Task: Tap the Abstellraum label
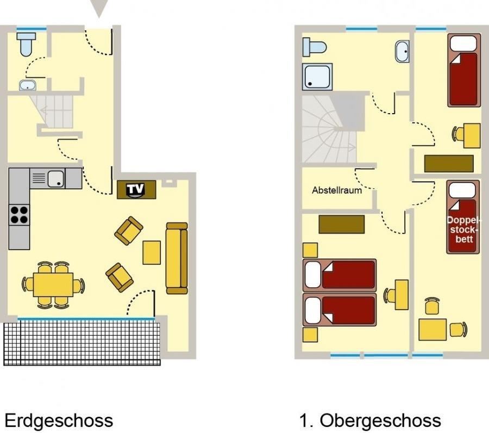pos(337,190)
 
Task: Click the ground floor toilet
pos(26,44)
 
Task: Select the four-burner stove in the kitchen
pos(19,215)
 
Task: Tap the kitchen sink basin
pos(56,178)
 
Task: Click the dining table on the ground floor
pos(53,284)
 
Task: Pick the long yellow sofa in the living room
pos(177,258)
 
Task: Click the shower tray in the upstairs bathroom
pos(317,77)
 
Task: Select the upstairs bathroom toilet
pos(314,47)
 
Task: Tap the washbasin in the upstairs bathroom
pos(402,52)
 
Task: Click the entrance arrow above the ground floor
pos(99,8)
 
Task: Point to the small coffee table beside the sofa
pos(152,252)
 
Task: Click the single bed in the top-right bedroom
pos(464,71)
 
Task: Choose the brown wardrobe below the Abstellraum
pos(342,224)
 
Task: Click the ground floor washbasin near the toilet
pos(28,85)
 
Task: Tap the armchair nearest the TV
pos(129,231)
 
